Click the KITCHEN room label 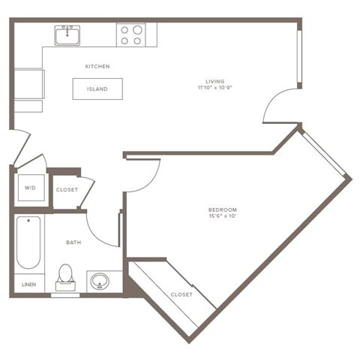(97, 67)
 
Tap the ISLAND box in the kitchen (97, 89)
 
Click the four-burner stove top (131, 35)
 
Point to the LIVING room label (215, 81)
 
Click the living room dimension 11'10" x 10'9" (216, 89)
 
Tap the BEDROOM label (223, 210)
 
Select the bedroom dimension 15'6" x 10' (223, 217)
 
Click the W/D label (30, 188)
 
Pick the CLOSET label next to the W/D (67, 190)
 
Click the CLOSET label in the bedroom (181, 294)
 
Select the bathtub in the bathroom (28, 242)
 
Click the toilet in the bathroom (65, 276)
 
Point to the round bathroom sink (98, 282)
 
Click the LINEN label (28, 285)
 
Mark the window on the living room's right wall (299, 59)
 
